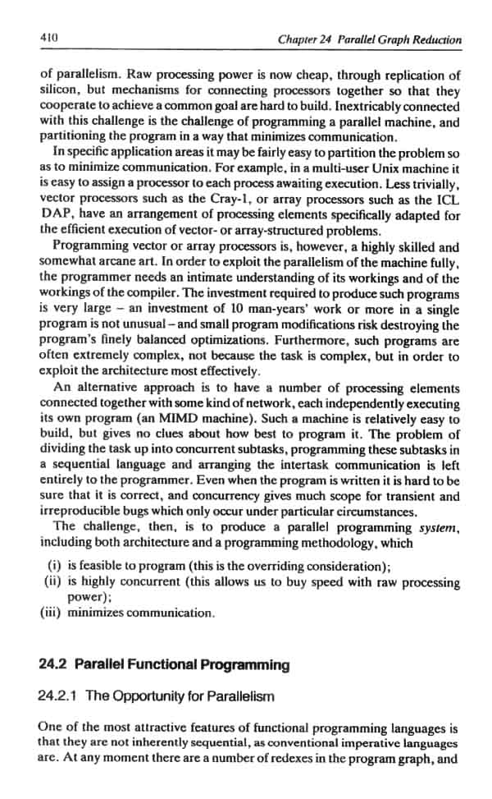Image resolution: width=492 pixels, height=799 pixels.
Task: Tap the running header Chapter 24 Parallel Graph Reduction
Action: [x=369, y=39]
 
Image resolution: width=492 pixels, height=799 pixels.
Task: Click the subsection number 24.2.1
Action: [x=59, y=696]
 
